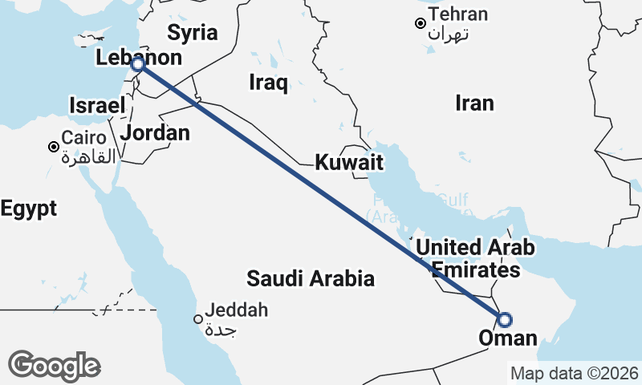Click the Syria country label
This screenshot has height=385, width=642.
[x=193, y=33]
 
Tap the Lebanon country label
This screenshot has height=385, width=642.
[x=138, y=58]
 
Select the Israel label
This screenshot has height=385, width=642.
[x=97, y=105]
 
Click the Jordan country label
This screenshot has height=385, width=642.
[x=156, y=132]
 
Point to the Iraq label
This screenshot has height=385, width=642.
[x=268, y=83]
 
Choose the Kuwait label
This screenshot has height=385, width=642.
[x=348, y=163]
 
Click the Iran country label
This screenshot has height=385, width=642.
[x=474, y=103]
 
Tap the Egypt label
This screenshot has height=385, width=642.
[x=29, y=209]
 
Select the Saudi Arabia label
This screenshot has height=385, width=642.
[x=311, y=279]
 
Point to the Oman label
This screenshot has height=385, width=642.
[x=507, y=338]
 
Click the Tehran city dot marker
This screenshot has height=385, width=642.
[x=420, y=23]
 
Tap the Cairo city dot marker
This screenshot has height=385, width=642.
[x=53, y=147]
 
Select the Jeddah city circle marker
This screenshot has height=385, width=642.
[x=197, y=319]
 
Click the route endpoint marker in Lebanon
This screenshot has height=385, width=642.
[x=138, y=64]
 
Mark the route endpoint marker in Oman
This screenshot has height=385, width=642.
[x=504, y=319]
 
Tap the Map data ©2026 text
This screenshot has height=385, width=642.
[x=575, y=373]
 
